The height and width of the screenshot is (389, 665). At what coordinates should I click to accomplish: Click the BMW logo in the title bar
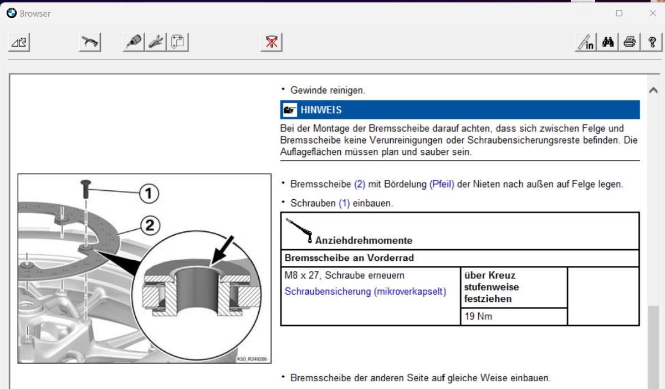(x=12, y=13)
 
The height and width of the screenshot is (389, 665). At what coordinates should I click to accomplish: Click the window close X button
(x=653, y=13)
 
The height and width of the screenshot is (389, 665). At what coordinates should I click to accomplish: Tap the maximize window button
(x=619, y=13)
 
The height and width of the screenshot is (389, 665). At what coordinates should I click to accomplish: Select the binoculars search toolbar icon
(x=608, y=42)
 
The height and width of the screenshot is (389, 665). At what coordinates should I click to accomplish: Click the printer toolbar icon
(x=630, y=42)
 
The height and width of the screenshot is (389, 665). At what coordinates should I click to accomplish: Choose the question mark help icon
(x=651, y=42)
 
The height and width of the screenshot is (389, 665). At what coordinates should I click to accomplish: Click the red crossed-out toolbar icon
(x=272, y=42)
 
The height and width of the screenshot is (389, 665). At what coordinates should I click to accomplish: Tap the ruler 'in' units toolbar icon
(x=586, y=42)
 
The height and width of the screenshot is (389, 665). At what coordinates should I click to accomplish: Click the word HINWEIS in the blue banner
(x=321, y=110)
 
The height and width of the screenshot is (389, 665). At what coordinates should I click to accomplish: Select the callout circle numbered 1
(x=149, y=194)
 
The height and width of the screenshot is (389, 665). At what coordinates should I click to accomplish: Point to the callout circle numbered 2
(x=150, y=225)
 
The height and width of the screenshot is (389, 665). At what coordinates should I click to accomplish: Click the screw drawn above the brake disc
(x=86, y=189)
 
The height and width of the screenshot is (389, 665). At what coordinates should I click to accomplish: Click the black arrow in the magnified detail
(x=223, y=250)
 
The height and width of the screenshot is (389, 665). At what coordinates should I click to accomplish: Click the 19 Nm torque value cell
(x=514, y=316)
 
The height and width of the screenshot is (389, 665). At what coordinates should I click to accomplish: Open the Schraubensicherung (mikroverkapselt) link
(x=365, y=291)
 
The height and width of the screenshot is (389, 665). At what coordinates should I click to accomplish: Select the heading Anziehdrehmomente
(x=364, y=240)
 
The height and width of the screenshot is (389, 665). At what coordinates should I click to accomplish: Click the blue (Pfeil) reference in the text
(x=442, y=184)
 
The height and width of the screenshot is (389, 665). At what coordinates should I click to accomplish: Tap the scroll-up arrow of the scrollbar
(x=653, y=90)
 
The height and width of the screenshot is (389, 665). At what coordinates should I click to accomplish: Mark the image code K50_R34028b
(x=252, y=359)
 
